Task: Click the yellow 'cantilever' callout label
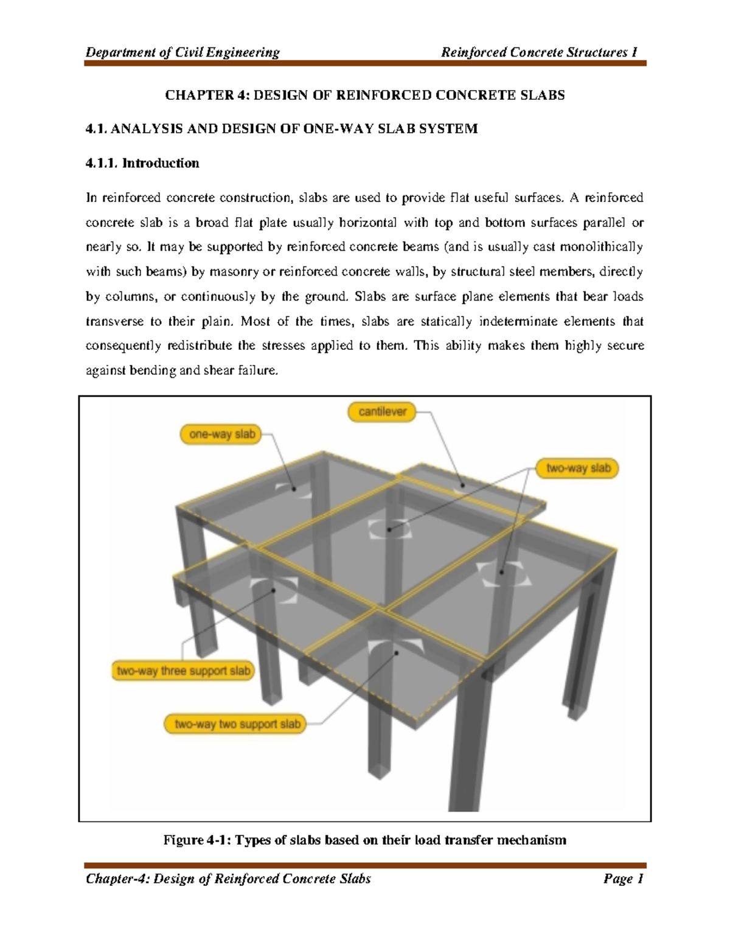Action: point(382,412)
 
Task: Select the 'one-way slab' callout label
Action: point(221,434)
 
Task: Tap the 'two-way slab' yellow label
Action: point(577,468)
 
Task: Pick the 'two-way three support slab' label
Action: point(183,671)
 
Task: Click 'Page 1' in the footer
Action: point(623,879)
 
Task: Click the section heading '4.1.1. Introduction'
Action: point(142,163)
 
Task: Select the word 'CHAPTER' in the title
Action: point(191,95)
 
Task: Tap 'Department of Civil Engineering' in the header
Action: point(182,52)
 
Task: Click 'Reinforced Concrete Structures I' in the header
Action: point(538,52)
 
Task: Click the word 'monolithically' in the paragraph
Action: point(601,247)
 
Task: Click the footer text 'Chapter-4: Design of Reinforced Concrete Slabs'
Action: point(228,879)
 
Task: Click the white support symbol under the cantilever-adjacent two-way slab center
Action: point(389,529)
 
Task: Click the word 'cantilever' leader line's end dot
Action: point(462,485)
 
